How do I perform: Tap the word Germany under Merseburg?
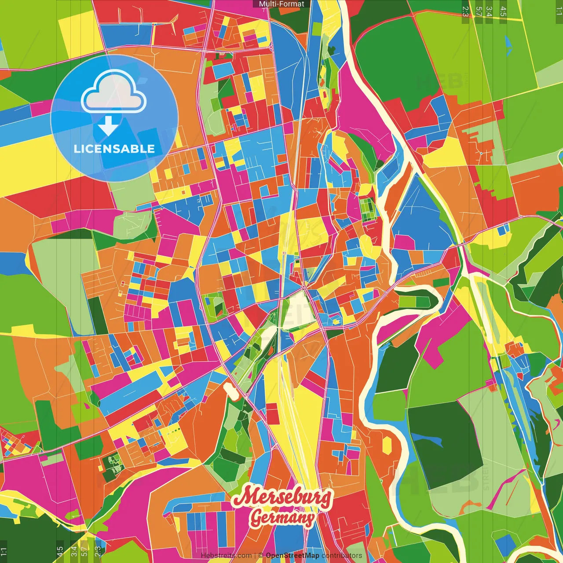click(x=282, y=518)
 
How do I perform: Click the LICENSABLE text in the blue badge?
click(x=114, y=149)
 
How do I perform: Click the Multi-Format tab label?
click(x=281, y=4)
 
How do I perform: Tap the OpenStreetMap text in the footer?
click(x=292, y=556)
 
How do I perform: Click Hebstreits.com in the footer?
click(x=226, y=556)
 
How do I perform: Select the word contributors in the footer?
click(x=342, y=556)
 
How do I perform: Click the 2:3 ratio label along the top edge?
click(x=465, y=11)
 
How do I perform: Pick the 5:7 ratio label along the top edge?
click(x=479, y=11)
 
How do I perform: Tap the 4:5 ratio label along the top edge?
click(x=503, y=11)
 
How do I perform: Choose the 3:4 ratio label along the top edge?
click(x=489, y=11)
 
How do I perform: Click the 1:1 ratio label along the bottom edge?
click(x=4, y=552)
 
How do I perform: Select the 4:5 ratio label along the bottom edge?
click(x=60, y=552)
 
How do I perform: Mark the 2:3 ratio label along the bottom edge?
click(x=98, y=552)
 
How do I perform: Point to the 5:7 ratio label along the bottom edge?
click(x=84, y=552)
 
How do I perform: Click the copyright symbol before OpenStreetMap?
click(x=261, y=556)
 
